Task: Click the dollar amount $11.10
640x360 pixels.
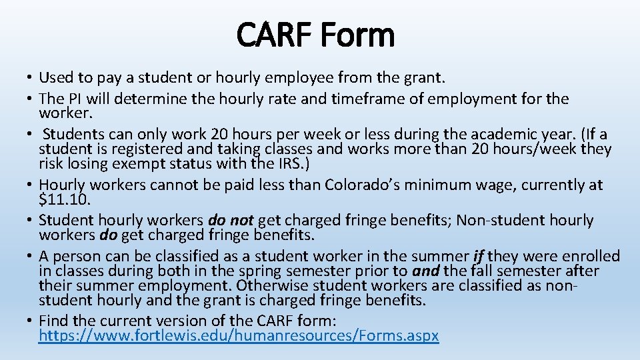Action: click(x=64, y=199)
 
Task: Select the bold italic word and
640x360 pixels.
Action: click(x=426, y=271)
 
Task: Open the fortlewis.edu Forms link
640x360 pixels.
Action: click(x=239, y=336)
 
